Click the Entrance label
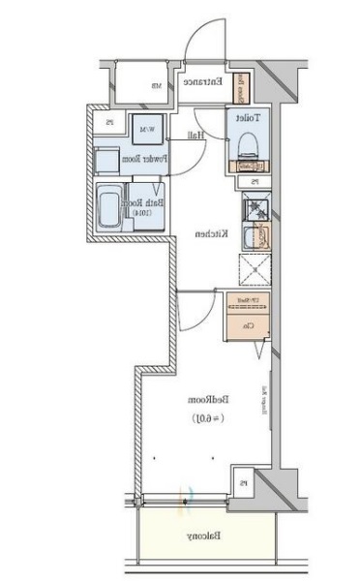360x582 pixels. [x=207, y=83]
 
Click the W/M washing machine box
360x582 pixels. [x=148, y=130]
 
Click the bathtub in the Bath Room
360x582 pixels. [x=108, y=206]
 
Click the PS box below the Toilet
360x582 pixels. [x=255, y=181]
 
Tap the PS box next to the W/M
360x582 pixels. [x=110, y=122]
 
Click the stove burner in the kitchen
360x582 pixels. [x=255, y=206]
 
